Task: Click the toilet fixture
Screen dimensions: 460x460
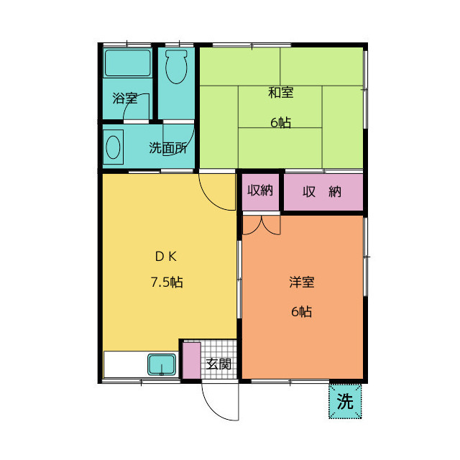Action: click(176, 67)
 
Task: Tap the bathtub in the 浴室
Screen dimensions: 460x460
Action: click(128, 63)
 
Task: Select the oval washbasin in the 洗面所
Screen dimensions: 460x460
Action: click(113, 147)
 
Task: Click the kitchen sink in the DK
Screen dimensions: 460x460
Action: click(162, 364)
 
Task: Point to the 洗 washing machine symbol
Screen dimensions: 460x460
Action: click(345, 401)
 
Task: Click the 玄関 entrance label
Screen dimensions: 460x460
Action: click(218, 364)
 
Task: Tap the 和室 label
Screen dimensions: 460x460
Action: click(281, 93)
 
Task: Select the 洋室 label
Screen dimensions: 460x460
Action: click(302, 282)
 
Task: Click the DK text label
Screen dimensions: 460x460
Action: click(166, 257)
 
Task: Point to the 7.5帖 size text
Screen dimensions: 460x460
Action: click(167, 282)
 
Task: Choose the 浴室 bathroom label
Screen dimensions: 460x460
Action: click(125, 98)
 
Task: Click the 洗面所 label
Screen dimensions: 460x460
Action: click(167, 148)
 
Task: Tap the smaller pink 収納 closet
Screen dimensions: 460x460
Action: click(260, 192)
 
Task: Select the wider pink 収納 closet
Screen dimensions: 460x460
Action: click(323, 192)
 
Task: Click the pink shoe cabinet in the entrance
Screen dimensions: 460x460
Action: click(192, 361)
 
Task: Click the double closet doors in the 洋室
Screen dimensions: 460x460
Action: click(262, 225)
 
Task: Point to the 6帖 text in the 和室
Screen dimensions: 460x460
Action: click(281, 122)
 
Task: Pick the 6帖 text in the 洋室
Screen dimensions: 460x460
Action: click(302, 311)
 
